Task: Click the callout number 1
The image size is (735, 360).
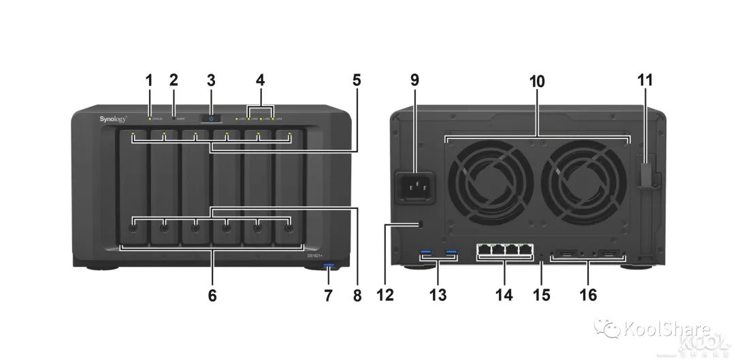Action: coord(149,80)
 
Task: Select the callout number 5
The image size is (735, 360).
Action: coord(357,80)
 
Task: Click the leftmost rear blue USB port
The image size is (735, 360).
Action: coord(427,255)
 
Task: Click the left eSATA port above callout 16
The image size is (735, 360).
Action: coord(567,256)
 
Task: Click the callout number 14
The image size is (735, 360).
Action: coord(504,295)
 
